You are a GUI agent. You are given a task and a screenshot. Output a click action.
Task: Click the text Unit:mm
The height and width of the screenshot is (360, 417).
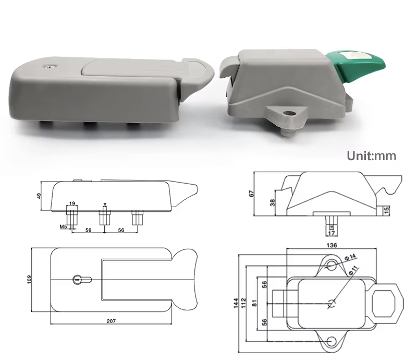click(x=372, y=155)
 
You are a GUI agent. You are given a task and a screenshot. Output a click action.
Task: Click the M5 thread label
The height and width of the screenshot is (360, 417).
click(x=63, y=226)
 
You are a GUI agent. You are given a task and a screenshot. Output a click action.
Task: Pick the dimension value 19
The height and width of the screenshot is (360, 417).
click(x=72, y=203)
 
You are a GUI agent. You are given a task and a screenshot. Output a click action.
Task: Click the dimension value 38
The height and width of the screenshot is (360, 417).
click(x=272, y=203)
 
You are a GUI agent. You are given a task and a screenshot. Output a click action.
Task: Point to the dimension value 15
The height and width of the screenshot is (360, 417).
click(x=386, y=210)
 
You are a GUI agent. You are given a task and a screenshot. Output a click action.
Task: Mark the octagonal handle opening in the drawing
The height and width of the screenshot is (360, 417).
click(x=386, y=303)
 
